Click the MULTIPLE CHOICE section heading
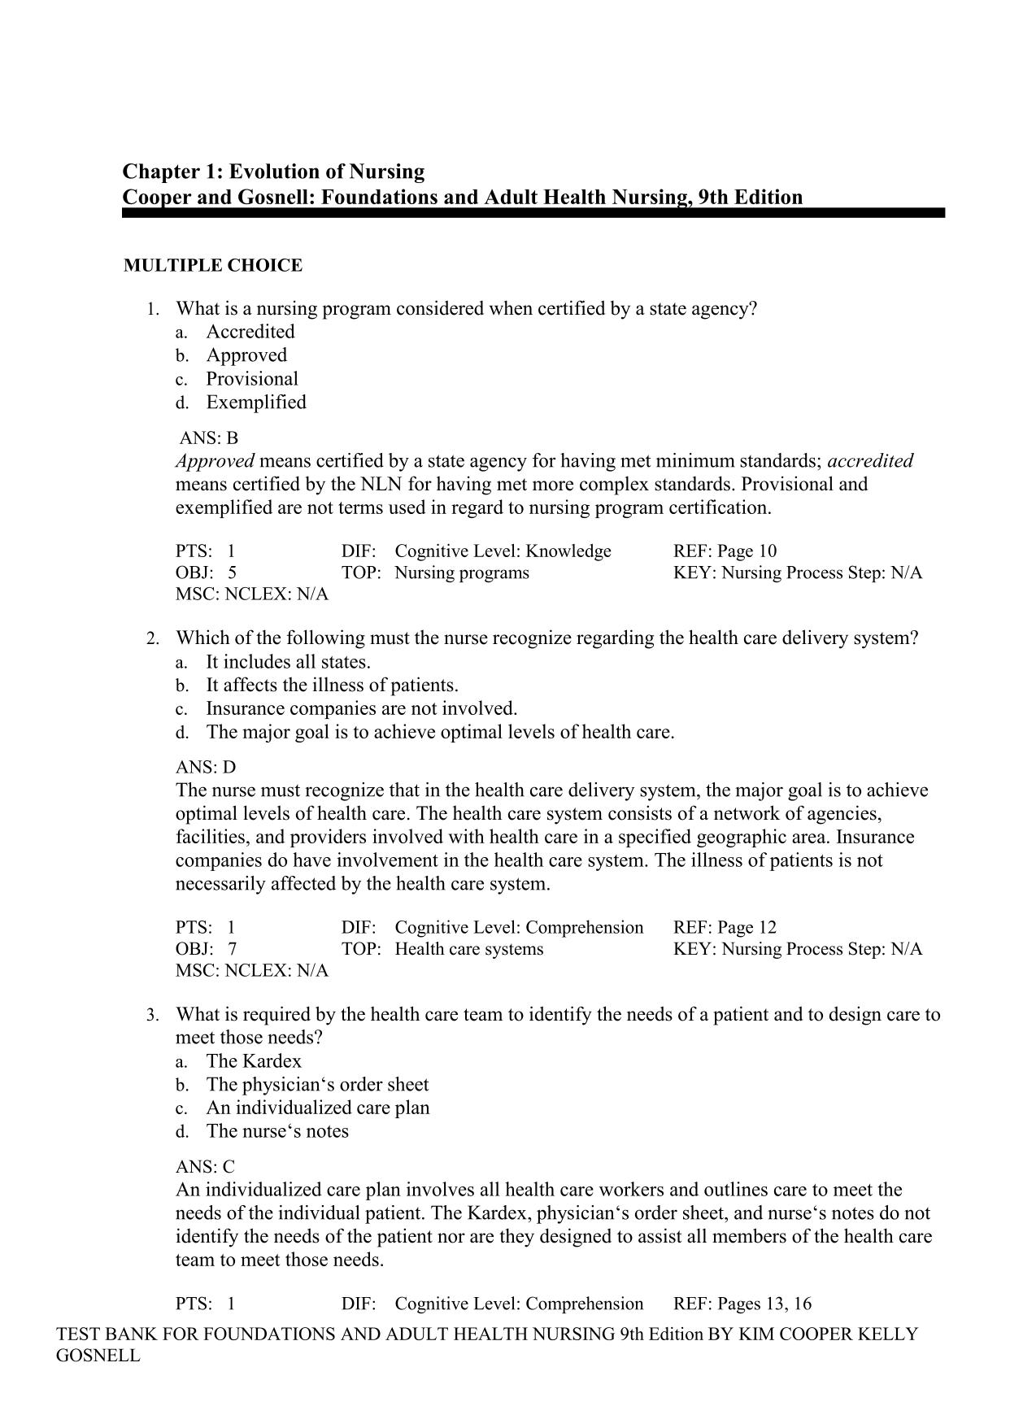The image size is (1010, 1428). pyautogui.click(x=212, y=265)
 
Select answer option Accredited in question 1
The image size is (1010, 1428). pyautogui.click(x=250, y=332)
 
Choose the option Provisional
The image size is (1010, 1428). pyautogui.click(x=251, y=379)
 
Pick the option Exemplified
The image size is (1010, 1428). pyautogui.click(x=255, y=403)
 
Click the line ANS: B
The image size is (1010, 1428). pyautogui.click(x=209, y=438)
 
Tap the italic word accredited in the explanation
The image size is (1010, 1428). pyautogui.click(x=870, y=461)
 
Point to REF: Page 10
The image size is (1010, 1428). pyautogui.click(x=725, y=551)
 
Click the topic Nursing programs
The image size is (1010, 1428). pyautogui.click(x=461, y=573)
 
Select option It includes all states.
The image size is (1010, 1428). pyautogui.click(x=288, y=662)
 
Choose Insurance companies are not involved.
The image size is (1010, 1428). pyautogui.click(x=361, y=709)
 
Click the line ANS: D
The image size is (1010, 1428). pyautogui.click(x=206, y=768)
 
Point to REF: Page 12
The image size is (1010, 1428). pyautogui.click(x=725, y=928)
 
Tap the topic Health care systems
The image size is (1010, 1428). pyautogui.click(x=468, y=949)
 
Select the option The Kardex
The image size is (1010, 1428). pyautogui.click(x=253, y=1061)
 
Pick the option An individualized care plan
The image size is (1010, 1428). pyautogui.click(x=317, y=1108)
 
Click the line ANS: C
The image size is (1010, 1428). pyautogui.click(x=205, y=1167)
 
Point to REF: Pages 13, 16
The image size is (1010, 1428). pyautogui.click(x=742, y=1304)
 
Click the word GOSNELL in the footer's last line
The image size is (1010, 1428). pyautogui.click(x=98, y=1356)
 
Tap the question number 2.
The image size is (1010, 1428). pyautogui.click(x=152, y=639)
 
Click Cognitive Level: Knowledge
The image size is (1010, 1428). pyautogui.click(x=503, y=551)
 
